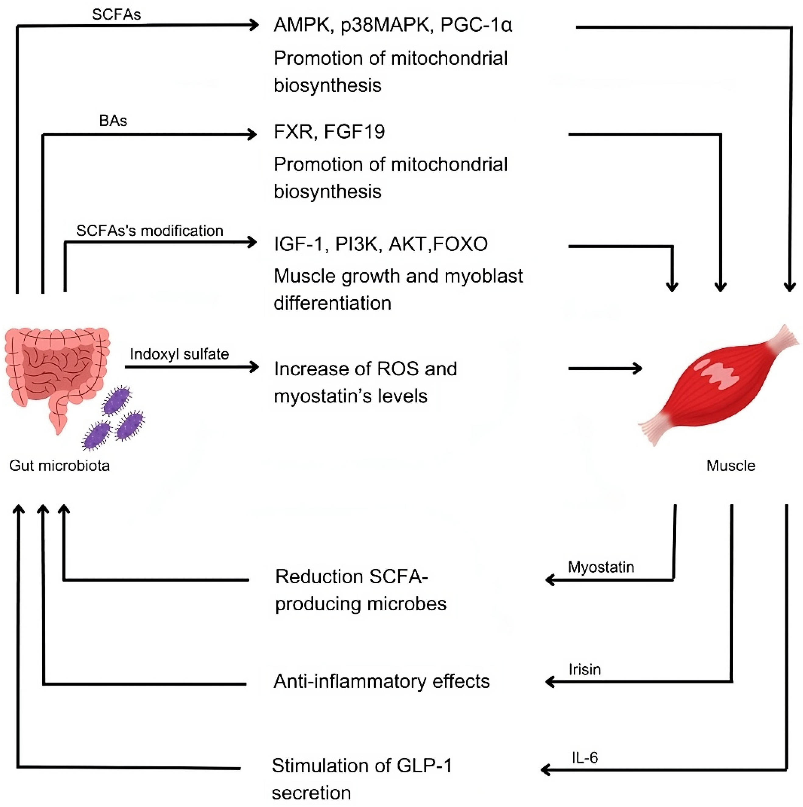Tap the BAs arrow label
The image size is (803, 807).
click(x=113, y=121)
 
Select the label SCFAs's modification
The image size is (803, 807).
click(x=150, y=230)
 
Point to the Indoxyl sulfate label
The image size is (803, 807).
click(x=179, y=354)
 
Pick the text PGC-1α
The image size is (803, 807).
click(x=476, y=25)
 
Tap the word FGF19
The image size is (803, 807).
click(x=354, y=132)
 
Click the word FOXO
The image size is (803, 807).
click(x=460, y=244)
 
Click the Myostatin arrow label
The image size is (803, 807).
click(x=601, y=567)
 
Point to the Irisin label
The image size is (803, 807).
click(x=584, y=670)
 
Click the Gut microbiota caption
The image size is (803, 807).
click(x=59, y=466)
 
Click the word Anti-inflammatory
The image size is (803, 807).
click(x=349, y=681)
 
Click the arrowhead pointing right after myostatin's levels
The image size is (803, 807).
click(x=637, y=368)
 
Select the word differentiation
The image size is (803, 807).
click(x=332, y=303)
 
